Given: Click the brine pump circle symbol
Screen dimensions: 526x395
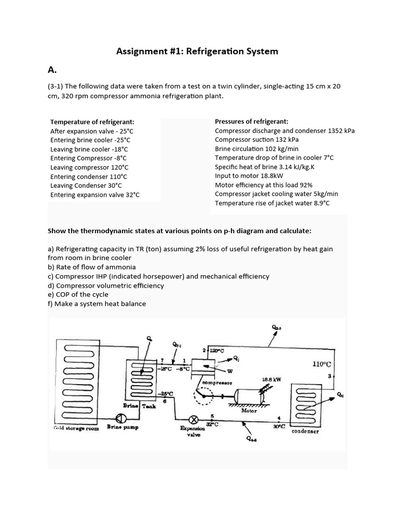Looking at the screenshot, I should tap(120, 417).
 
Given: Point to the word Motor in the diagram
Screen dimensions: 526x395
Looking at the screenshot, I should tap(249, 410).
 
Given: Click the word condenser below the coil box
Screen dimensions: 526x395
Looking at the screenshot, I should tap(306, 431).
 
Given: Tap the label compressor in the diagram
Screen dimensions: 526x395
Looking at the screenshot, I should tap(217, 383).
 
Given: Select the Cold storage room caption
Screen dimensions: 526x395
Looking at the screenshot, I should tap(76, 428).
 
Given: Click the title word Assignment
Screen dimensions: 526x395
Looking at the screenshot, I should tap(141, 51).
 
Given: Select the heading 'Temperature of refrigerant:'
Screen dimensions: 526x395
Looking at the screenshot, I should tap(92, 122).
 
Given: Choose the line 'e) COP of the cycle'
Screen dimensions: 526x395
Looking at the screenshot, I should tap(78, 294).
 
